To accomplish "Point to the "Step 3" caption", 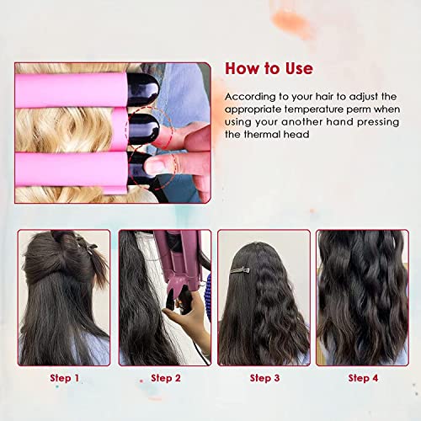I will pos(264,379).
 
